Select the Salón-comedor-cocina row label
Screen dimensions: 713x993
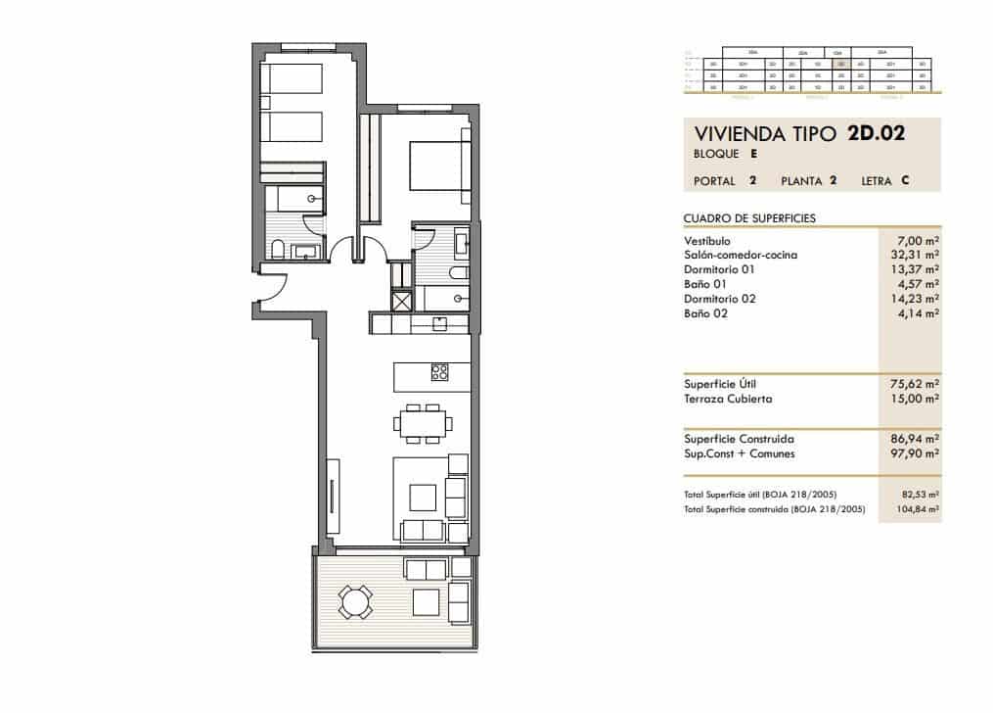pos(741,255)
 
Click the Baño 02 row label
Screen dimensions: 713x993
pos(706,313)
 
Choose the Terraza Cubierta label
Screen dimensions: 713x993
pos(729,399)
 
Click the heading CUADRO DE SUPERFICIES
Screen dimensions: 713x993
pos(750,218)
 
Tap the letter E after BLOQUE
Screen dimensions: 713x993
pos(754,154)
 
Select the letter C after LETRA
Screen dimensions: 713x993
pos(907,181)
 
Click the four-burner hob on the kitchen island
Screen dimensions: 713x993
pos(439,372)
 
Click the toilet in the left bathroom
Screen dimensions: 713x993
pos(278,249)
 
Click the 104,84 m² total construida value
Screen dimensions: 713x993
pos(921,509)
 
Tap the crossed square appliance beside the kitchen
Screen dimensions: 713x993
pos(401,301)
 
